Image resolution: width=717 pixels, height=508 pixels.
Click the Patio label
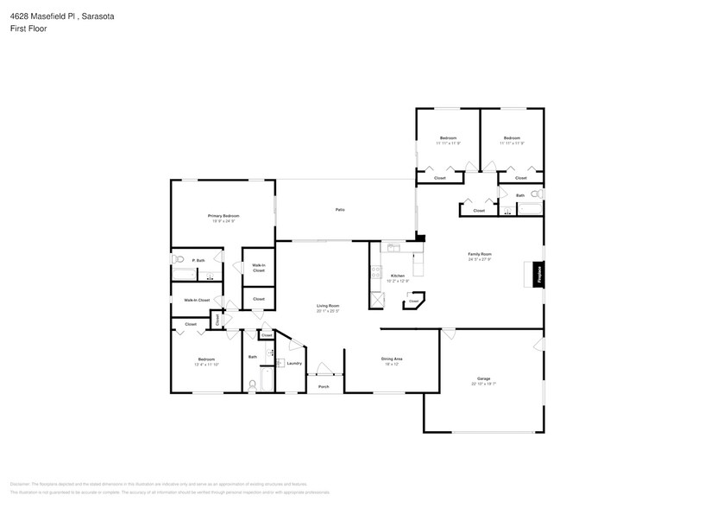tap(341, 210)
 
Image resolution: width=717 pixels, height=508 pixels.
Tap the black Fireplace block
tap(539, 275)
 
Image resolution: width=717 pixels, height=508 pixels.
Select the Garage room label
tap(483, 379)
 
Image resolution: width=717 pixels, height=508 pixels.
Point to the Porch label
tap(324, 386)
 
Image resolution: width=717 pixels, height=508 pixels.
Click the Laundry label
tap(293, 363)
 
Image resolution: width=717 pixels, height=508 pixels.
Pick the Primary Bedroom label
tap(223, 215)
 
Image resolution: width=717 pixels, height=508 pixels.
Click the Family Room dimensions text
tap(480, 259)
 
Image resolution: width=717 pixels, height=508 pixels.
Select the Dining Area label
tap(393, 359)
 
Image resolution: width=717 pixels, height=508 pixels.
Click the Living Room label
tap(328, 306)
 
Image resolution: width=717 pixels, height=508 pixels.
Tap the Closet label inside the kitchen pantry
tap(413, 301)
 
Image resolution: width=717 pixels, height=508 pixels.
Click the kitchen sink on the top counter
tap(393, 247)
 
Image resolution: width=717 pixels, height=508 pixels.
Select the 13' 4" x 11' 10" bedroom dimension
tap(206, 364)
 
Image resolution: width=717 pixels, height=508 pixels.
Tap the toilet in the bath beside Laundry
tap(253, 384)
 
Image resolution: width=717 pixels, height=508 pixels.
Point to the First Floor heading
tap(29, 29)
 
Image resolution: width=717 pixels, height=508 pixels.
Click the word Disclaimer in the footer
tap(21, 484)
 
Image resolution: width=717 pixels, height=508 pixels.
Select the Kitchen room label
tap(397, 276)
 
